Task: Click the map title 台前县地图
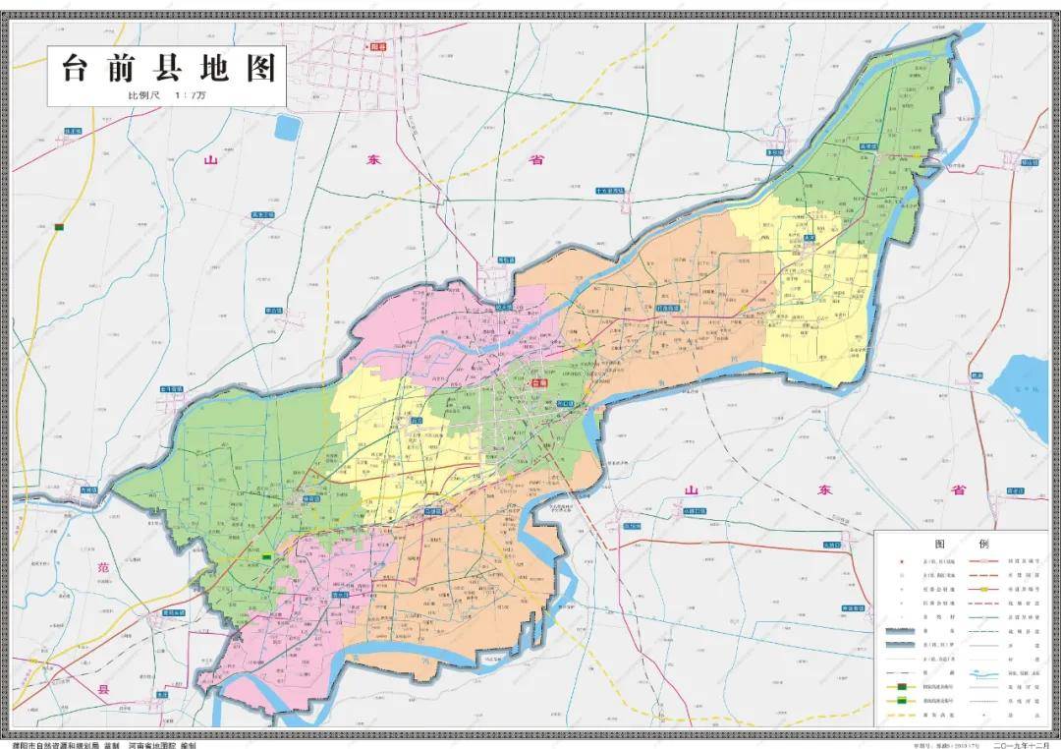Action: (168, 69)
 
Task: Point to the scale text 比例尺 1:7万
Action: (167, 95)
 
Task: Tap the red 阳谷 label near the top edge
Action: (377, 47)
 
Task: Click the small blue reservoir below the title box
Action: (287, 127)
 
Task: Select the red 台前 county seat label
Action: (538, 383)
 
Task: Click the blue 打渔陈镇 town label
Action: (669, 308)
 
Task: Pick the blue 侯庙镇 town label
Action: (311, 497)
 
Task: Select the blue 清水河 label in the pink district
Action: (341, 595)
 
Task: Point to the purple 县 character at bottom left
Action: (103, 690)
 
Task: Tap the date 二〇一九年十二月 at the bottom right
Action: (1023, 744)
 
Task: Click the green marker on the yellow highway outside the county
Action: (59, 227)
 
